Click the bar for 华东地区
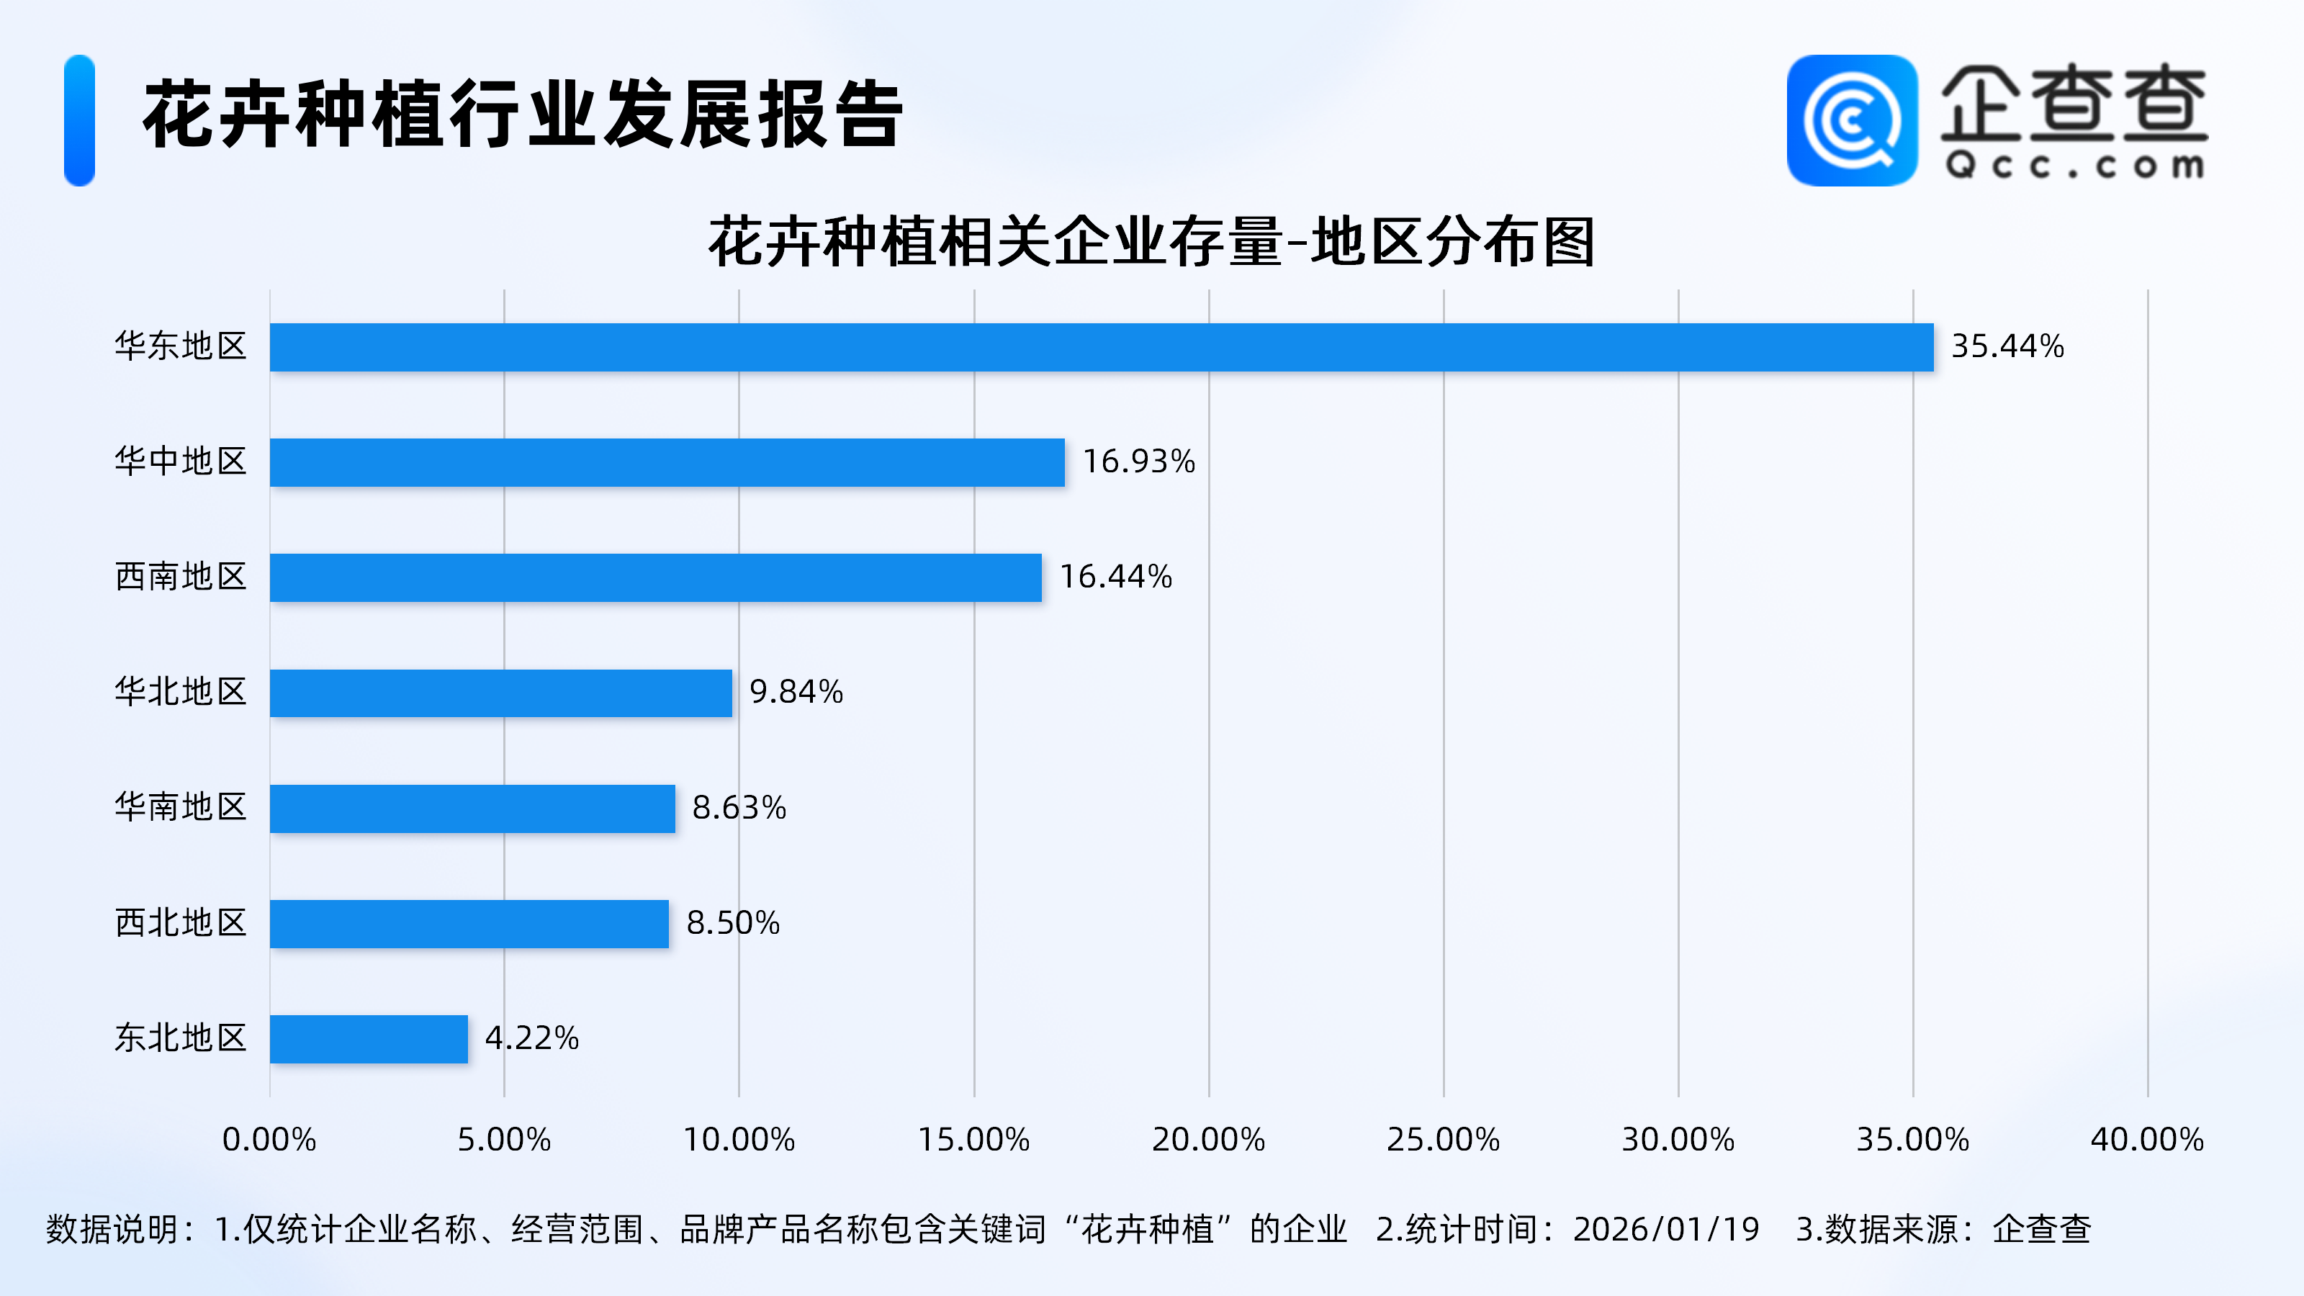(x=1101, y=347)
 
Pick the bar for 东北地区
(x=369, y=1039)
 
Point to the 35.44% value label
(x=2007, y=347)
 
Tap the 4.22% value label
(x=531, y=1038)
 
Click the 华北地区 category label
(x=181, y=692)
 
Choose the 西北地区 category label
(x=181, y=923)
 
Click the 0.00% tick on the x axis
(x=269, y=1140)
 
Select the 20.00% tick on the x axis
(x=1208, y=1140)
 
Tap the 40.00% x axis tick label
(x=2146, y=1140)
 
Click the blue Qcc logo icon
(x=1851, y=121)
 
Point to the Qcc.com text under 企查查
(x=2074, y=166)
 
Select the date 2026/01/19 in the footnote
(x=1665, y=1230)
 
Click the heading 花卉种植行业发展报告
(x=523, y=114)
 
